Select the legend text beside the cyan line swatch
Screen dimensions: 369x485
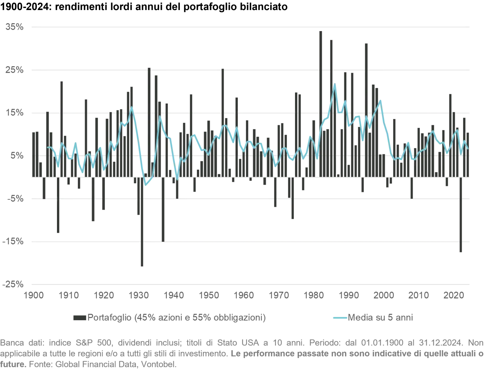click(380, 319)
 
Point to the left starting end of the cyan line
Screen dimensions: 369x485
click(48, 147)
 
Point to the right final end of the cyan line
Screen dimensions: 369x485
click(468, 149)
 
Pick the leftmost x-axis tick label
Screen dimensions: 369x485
click(34, 295)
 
